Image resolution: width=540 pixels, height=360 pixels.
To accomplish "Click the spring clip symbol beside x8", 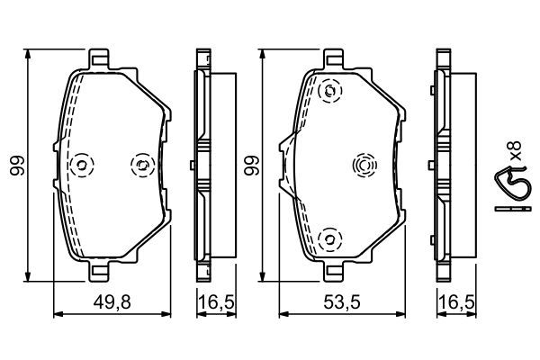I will pos(509,185).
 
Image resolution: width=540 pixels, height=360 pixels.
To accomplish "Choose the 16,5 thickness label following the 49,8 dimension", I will pos(212,304).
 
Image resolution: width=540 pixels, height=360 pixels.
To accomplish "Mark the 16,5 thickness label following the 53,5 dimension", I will pos(452,304).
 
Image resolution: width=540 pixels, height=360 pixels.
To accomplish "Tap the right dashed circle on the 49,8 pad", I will pos(141,164).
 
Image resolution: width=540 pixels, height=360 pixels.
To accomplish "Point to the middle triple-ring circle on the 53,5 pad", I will pos(364,165).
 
